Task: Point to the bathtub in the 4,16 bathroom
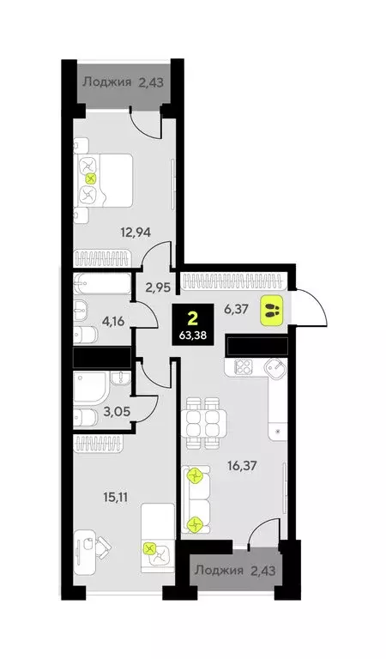pos(101,283)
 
